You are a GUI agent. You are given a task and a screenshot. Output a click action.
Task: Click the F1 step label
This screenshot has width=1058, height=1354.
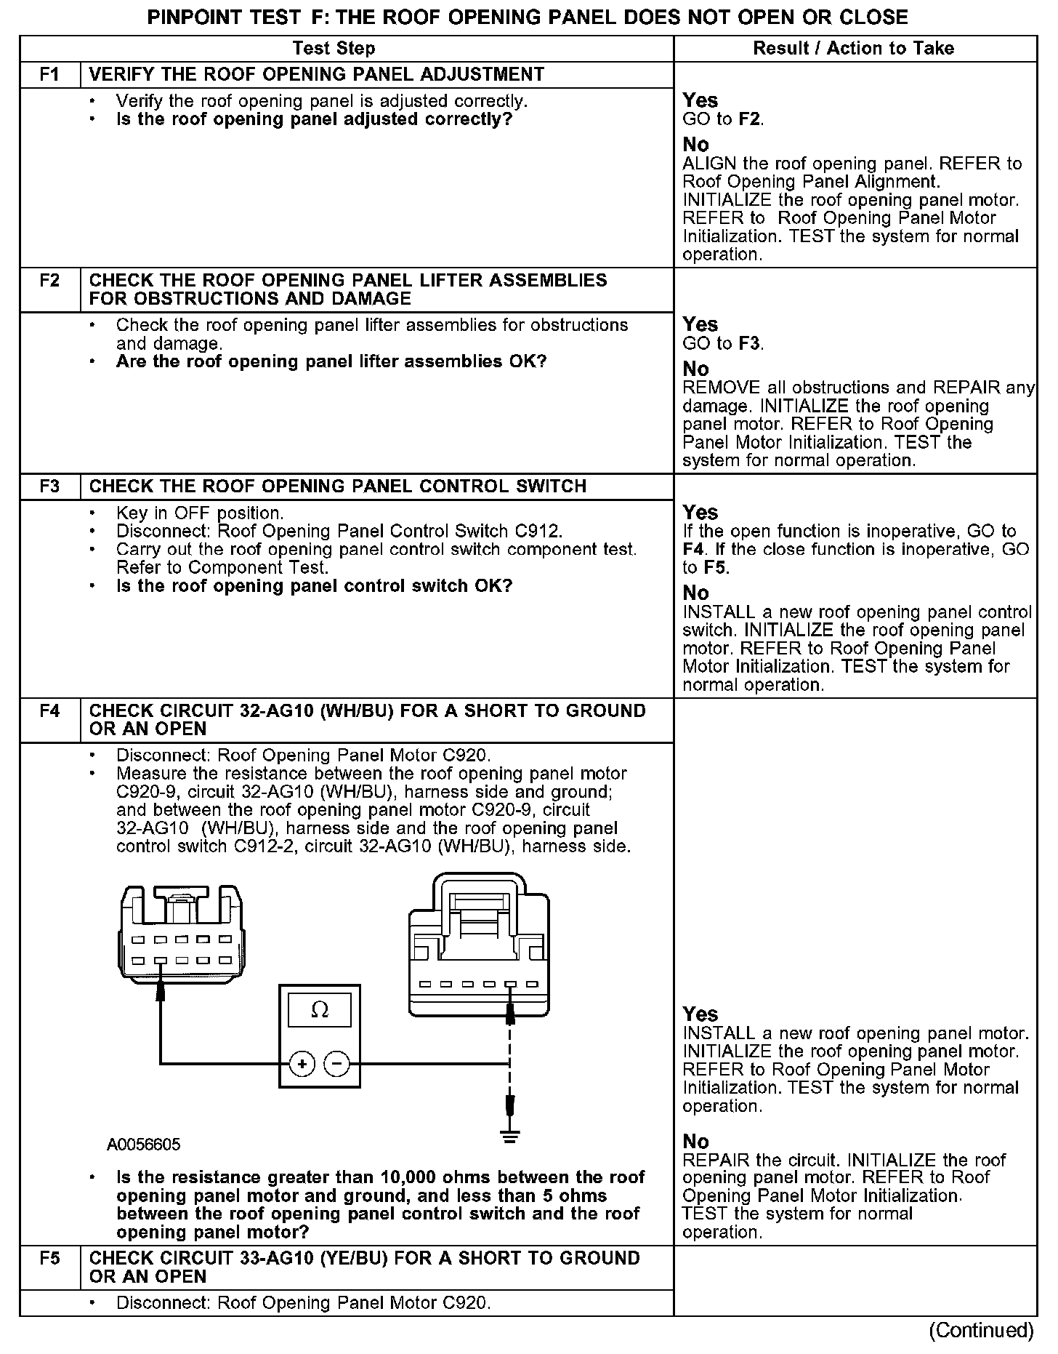click(x=49, y=75)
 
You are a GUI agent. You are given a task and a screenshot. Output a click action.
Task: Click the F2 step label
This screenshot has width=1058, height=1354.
click(x=49, y=281)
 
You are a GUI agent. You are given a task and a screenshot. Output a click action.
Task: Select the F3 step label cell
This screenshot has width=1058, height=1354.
click(x=49, y=486)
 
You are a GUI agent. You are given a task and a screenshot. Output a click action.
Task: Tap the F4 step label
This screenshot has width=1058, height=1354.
click(x=49, y=711)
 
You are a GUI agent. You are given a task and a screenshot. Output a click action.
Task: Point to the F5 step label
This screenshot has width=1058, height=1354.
click(x=49, y=1259)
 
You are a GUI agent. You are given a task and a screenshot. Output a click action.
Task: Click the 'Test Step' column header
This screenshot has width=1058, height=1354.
click(x=334, y=49)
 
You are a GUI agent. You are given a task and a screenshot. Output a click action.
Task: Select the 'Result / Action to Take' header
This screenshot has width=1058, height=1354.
click(x=853, y=49)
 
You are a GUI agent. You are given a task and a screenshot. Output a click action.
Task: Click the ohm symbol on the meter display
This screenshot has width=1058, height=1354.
click(x=319, y=1009)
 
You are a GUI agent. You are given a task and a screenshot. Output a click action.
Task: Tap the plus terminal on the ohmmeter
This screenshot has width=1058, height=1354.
click(x=302, y=1064)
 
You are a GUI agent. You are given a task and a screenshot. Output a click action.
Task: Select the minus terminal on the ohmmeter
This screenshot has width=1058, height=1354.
click(x=336, y=1064)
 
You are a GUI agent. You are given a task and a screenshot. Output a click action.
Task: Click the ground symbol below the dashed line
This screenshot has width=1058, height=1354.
click(x=511, y=1137)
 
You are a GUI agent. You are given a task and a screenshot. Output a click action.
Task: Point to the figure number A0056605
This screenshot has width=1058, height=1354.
click(x=143, y=1145)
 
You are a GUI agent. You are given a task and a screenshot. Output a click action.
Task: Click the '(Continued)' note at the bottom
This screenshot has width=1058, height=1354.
click(x=981, y=1330)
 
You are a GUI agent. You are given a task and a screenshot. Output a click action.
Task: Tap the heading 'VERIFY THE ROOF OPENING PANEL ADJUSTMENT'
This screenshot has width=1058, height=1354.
click(x=316, y=75)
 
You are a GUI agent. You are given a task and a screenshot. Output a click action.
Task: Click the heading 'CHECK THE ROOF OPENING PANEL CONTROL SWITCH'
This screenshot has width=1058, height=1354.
click(x=337, y=486)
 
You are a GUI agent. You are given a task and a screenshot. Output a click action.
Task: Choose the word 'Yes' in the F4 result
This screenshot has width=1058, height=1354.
click(x=700, y=1014)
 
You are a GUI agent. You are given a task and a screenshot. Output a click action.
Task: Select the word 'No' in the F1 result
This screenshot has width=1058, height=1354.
click(x=695, y=145)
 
